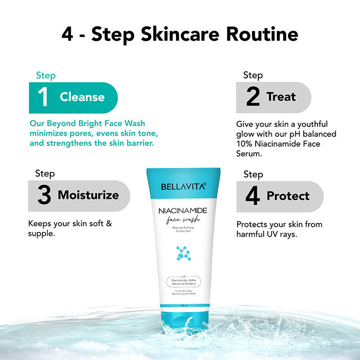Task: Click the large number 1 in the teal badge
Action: click(x=43, y=97)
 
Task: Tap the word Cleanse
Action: click(x=82, y=97)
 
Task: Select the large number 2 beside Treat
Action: click(x=253, y=97)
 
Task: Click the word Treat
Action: click(x=281, y=97)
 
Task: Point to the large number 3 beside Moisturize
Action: click(x=44, y=195)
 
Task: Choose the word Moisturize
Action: click(x=88, y=195)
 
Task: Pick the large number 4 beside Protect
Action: click(x=253, y=196)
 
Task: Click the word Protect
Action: click(x=288, y=196)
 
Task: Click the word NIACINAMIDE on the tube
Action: click(x=183, y=211)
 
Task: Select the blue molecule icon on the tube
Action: click(x=183, y=253)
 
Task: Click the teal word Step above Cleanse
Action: click(x=45, y=75)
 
